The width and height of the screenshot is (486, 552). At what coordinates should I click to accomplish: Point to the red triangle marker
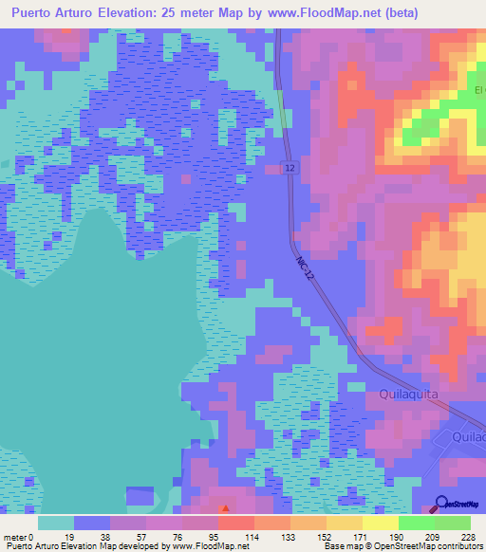pyautogui.click(x=225, y=509)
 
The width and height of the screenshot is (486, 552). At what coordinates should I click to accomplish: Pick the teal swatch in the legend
pyautogui.click(x=56, y=523)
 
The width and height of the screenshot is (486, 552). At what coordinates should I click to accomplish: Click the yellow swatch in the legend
pyautogui.click(x=344, y=523)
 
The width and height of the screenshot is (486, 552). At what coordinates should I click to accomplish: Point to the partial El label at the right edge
pyautogui.click(x=478, y=92)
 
